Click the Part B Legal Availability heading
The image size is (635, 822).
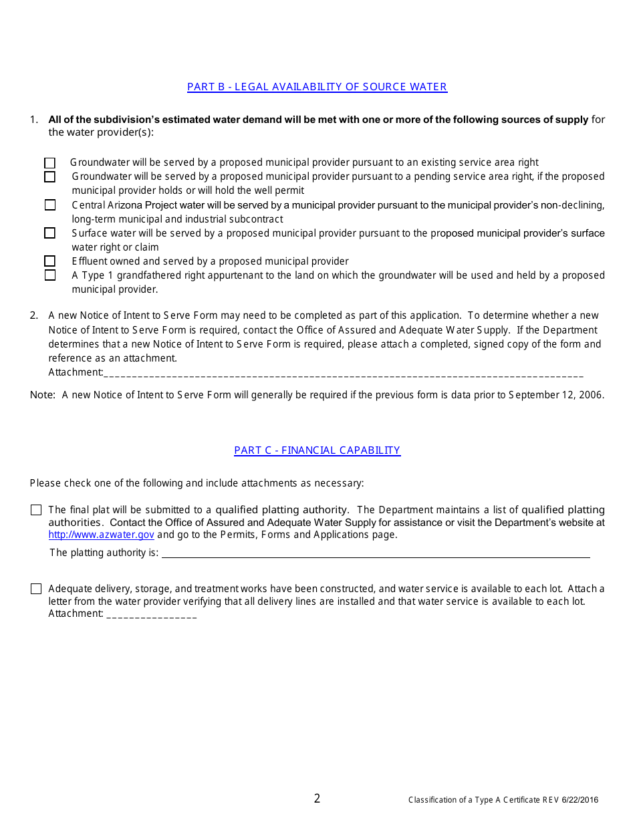pyautogui.click(x=317, y=87)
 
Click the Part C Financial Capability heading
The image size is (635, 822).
pyautogui.click(x=317, y=450)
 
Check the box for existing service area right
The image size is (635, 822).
pyautogui.click(x=50, y=163)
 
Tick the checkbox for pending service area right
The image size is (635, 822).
pyautogui.click(x=50, y=177)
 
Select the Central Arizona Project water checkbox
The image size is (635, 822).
pyautogui.click(x=50, y=205)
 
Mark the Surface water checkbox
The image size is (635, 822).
pyautogui.click(x=50, y=233)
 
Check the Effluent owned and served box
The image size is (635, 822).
pyautogui.click(x=50, y=261)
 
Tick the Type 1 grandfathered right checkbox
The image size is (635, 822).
pyautogui.click(x=50, y=275)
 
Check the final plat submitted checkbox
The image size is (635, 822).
pyautogui.click(x=36, y=510)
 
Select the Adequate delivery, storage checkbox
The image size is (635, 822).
pyautogui.click(x=36, y=589)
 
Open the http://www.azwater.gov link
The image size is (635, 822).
pyautogui.click(x=101, y=535)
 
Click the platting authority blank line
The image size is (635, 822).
pyautogui.click(x=375, y=553)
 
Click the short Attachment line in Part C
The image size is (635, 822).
pyautogui.click(x=151, y=614)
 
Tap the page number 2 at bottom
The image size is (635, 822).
pyautogui.click(x=317, y=799)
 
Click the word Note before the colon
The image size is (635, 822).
pyautogui.click(x=41, y=395)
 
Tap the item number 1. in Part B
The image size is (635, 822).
pyautogui.click(x=34, y=120)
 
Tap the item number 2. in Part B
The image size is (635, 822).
pyautogui.click(x=34, y=315)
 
